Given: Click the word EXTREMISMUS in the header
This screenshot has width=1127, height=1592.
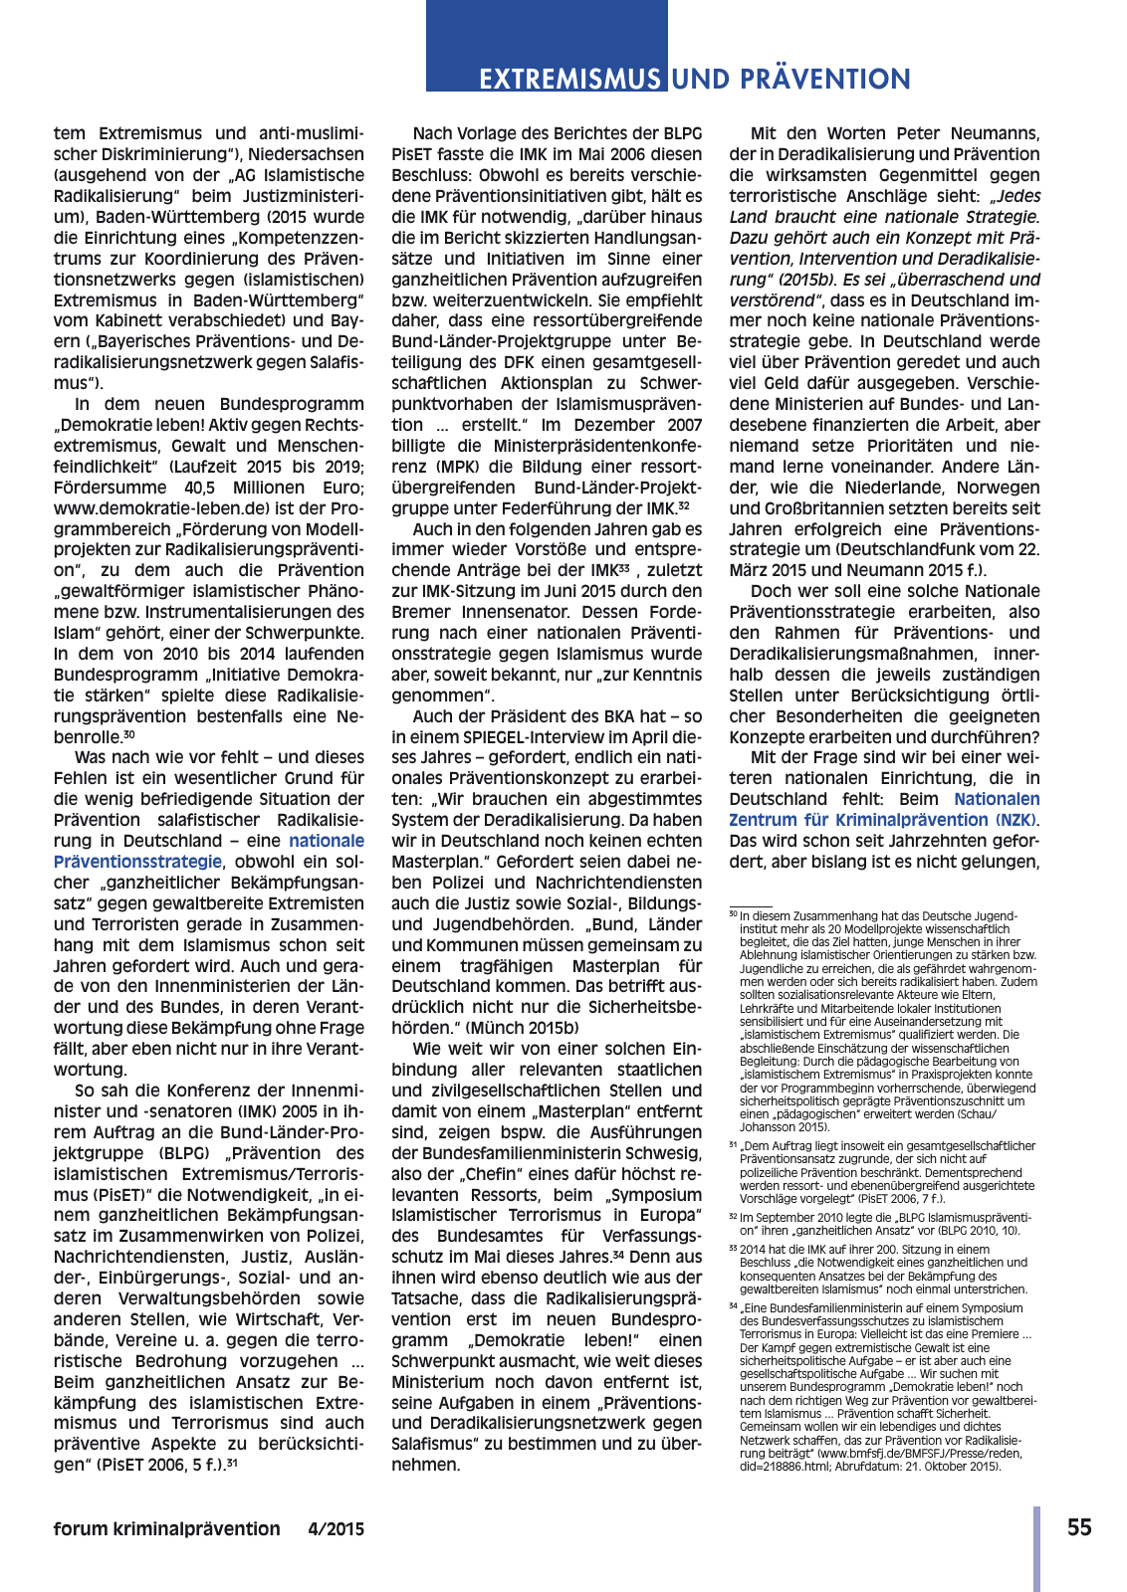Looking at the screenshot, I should tap(569, 80).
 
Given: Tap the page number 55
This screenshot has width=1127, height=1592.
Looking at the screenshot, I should tap(1079, 1528).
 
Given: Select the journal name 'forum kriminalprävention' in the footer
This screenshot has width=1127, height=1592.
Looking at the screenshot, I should tap(167, 1529).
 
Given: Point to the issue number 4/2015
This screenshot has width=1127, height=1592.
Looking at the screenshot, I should tap(336, 1529).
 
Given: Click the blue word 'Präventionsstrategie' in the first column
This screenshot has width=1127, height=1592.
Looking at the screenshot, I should tap(138, 862).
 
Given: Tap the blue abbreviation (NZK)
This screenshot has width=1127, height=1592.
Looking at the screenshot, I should tap(1015, 820).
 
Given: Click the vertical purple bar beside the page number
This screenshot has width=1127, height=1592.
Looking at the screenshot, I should tap(1036, 1548).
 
